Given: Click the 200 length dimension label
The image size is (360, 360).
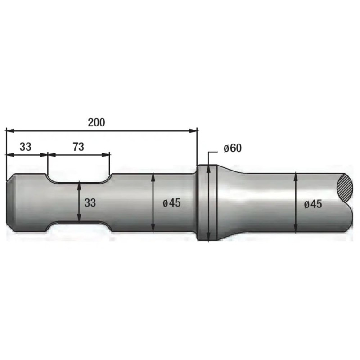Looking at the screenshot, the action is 96,122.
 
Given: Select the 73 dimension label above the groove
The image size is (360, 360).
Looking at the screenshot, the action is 78,147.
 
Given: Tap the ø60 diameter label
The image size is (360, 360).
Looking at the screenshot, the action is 233,148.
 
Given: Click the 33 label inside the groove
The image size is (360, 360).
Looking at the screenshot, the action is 90,203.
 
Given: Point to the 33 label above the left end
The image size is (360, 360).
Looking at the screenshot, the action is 26,147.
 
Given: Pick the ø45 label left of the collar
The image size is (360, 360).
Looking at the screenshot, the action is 172,203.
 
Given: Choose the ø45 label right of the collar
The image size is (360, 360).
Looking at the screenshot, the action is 313,204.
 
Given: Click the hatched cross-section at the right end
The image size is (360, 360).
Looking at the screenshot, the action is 345,187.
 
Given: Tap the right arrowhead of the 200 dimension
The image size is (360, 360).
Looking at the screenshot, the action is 193,130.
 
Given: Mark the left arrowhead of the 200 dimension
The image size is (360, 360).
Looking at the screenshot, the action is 10,130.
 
